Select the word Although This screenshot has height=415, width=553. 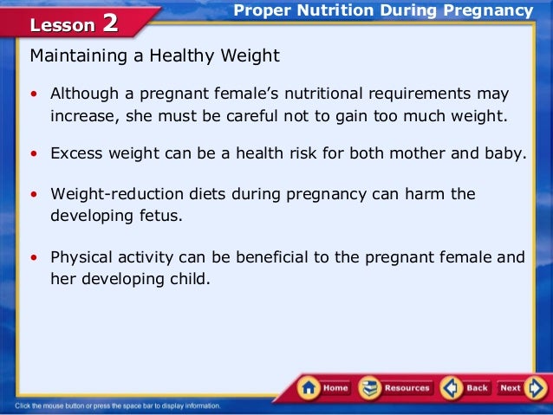click(x=85, y=94)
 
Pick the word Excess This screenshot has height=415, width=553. click(x=76, y=153)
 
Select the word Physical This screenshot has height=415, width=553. click(x=82, y=257)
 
